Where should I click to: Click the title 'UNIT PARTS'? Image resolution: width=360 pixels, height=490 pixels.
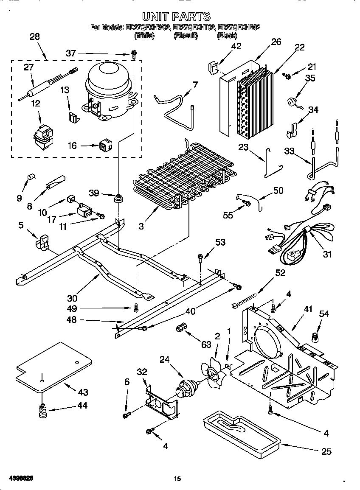176,17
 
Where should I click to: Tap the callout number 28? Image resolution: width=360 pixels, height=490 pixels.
34,37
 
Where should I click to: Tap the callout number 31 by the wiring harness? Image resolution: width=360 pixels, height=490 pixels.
327,255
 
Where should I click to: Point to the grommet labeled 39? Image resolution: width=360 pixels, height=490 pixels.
118,197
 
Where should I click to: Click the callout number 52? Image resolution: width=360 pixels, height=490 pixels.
280,273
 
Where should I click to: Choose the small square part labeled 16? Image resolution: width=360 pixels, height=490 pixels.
104,146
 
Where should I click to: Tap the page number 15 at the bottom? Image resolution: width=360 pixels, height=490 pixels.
177,479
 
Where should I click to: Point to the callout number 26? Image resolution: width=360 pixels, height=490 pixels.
276,42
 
